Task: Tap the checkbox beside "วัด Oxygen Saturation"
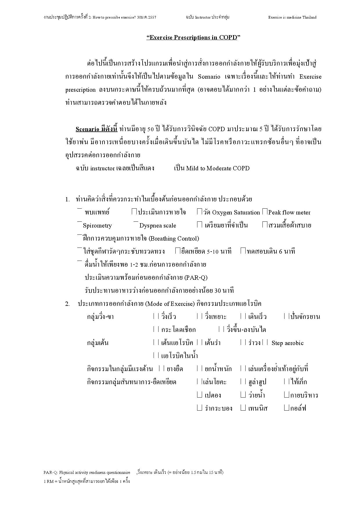click(x=199, y=212)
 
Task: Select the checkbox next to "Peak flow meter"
click(x=264, y=212)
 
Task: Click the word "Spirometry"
click(x=97, y=225)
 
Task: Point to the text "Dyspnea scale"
click(x=158, y=225)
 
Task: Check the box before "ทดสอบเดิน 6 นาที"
click(x=243, y=251)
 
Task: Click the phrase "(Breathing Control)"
click(x=174, y=239)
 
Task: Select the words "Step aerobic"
click(x=287, y=343)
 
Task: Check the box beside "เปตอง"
click(x=199, y=395)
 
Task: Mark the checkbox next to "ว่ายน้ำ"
click(x=243, y=395)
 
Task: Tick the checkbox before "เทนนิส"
click(x=243, y=408)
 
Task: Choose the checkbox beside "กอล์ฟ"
click(x=287, y=408)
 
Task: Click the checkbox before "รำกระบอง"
click(x=199, y=408)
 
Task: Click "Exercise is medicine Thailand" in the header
click(x=292, y=17)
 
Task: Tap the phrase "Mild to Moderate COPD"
click(x=218, y=168)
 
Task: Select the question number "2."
click(x=67, y=304)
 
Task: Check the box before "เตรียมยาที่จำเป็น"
click(x=199, y=225)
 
